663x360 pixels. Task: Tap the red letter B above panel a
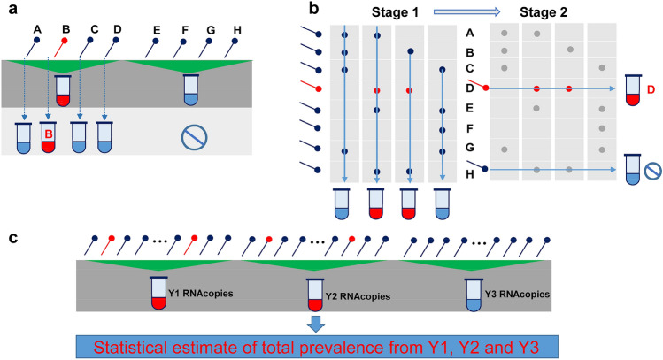click(66, 29)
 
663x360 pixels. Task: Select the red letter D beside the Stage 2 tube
click(649, 90)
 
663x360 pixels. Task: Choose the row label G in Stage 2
click(470, 148)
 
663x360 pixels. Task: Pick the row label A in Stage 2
click(470, 33)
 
